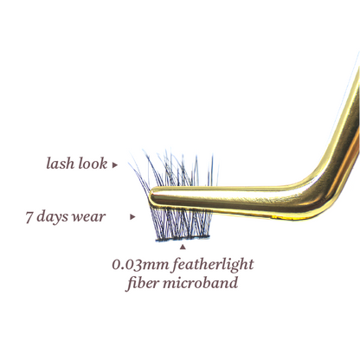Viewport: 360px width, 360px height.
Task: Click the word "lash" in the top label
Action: pos(61,164)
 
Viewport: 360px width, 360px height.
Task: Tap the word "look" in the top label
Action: pos(93,164)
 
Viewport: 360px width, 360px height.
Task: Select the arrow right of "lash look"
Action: pos(115,165)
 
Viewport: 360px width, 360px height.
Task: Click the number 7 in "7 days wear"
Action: pos(29,217)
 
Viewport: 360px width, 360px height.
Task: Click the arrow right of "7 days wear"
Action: pos(132,217)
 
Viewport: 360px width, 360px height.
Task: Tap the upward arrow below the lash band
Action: pos(183,247)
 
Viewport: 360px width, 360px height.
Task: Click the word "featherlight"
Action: pos(213,265)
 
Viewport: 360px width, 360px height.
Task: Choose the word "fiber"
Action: pos(143,283)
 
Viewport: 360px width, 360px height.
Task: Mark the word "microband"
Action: pos(201,282)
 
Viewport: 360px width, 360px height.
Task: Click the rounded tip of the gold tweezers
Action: pos(153,196)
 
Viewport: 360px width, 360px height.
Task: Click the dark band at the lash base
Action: pos(183,239)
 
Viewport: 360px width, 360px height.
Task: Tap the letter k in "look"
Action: pos(103,164)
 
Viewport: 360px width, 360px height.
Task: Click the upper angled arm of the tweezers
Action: pos(348,121)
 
